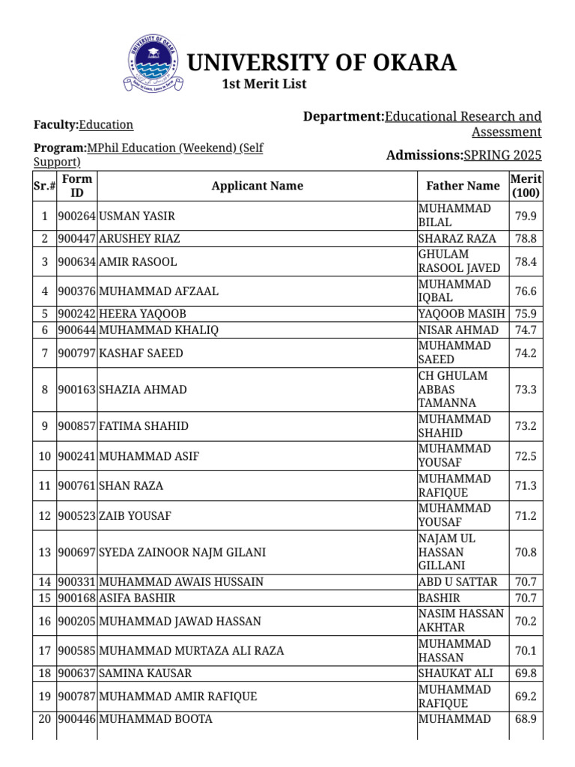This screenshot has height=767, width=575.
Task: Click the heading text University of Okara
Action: coord(320,63)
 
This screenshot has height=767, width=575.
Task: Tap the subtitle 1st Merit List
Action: coord(264,84)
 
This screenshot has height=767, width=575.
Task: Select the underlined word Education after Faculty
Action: coord(106,125)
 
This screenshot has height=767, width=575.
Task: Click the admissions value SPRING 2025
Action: coord(502,156)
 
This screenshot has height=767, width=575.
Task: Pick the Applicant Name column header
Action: coord(257,186)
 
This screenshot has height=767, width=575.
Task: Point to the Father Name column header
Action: coord(463,186)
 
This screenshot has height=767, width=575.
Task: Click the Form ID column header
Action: coord(77,186)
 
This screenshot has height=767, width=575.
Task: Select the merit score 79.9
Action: coord(526,216)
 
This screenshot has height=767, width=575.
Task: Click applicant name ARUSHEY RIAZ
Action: coord(139,239)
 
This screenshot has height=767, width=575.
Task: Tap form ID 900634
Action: coord(76,262)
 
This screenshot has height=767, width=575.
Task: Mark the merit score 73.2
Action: coord(526,426)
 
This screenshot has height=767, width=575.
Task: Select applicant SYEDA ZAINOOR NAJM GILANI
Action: coord(182,553)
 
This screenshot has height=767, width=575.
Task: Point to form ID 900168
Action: coord(76,598)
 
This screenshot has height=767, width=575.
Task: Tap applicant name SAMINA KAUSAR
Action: coord(145,673)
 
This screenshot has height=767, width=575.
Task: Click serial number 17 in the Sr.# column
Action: coord(44,651)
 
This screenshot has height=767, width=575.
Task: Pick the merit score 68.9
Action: coord(526,719)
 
